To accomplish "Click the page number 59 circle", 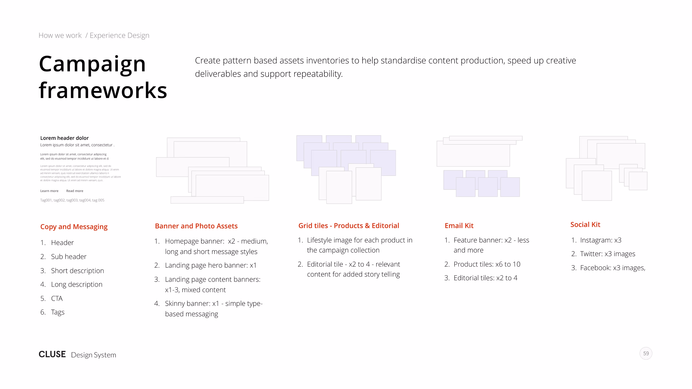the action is [646, 353].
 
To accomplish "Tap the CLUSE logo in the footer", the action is [52, 354].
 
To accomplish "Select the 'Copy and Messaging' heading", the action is [74, 227].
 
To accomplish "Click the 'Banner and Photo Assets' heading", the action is [196, 226].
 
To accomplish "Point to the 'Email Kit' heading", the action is [459, 226].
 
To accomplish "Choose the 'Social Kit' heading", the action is [585, 225].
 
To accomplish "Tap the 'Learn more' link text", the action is [49, 191].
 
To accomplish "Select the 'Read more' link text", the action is [75, 191].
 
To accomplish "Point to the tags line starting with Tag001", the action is [72, 200].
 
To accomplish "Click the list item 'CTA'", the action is [57, 299].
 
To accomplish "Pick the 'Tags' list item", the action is [58, 312].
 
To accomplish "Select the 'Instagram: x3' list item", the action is [600, 240].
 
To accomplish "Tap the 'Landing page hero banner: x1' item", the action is [211, 265].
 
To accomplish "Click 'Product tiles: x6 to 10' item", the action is [487, 264].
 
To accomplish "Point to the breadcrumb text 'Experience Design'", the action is [119, 35].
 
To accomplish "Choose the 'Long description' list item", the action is [77, 285].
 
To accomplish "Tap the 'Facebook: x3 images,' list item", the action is [613, 268].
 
